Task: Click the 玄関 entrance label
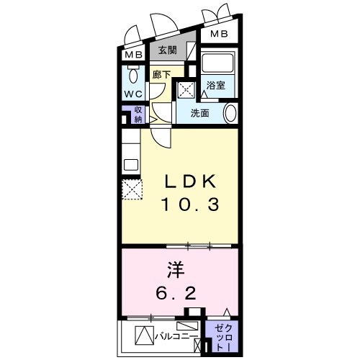[x=167, y=52]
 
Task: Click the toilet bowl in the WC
[x=132, y=76]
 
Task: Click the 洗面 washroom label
[x=200, y=112]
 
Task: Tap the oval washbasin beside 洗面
[x=230, y=113]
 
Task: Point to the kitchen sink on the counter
[x=130, y=164]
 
